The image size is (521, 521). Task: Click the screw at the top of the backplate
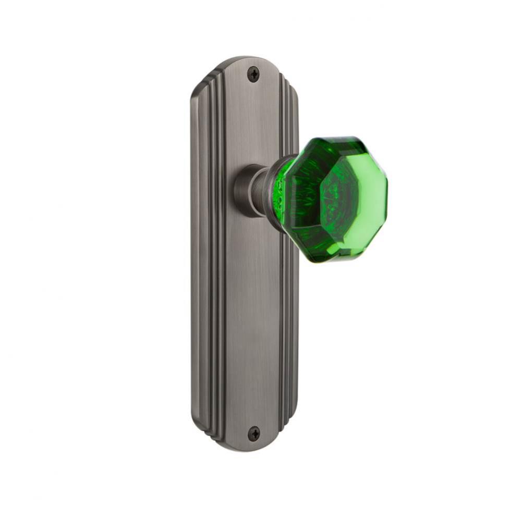click(x=253, y=75)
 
